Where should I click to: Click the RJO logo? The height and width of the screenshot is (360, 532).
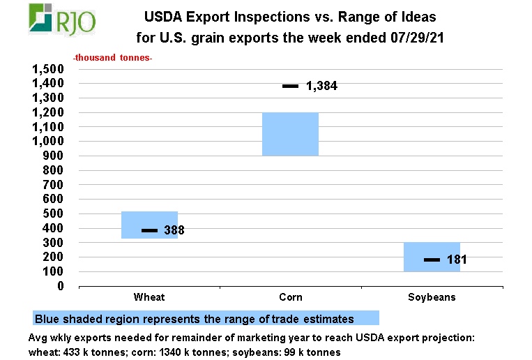[62, 19]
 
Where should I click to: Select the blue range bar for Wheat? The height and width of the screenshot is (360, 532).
[149, 216]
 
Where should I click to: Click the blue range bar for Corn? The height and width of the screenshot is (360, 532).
[290, 134]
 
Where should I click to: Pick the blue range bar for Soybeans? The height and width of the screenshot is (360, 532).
[432, 248]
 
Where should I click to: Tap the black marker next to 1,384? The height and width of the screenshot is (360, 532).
[290, 86]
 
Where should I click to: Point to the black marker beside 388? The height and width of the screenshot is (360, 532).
[149, 230]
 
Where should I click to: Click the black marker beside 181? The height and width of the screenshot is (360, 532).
[432, 260]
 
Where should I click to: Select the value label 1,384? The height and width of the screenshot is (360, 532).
[321, 87]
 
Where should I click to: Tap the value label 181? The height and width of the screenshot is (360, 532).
[456, 260]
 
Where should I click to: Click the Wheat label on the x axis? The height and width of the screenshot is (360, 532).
[149, 297]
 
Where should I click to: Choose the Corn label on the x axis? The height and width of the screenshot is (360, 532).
[290, 297]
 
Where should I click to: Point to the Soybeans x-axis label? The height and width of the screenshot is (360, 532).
[432, 297]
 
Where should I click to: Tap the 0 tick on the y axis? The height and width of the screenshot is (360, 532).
[61, 286]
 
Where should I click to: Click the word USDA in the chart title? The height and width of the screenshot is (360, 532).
[161, 15]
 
